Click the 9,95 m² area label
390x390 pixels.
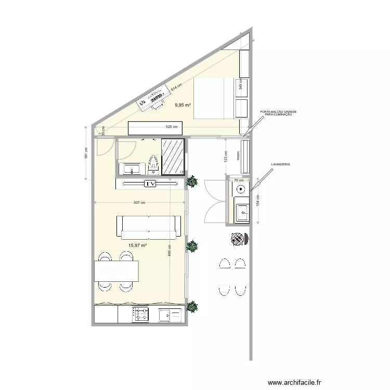pos(183,105)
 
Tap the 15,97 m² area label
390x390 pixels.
pos(137,245)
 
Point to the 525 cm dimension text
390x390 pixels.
pos(172,126)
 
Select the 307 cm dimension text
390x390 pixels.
pos(139,203)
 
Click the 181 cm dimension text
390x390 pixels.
pos(86,153)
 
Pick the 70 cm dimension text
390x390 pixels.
pos(239,180)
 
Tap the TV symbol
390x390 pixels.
pos(150,184)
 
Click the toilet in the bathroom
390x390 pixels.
pos(153,165)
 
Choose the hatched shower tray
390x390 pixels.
pos(173,155)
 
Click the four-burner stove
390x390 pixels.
pos(141,315)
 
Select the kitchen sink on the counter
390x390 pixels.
pos(170,315)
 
